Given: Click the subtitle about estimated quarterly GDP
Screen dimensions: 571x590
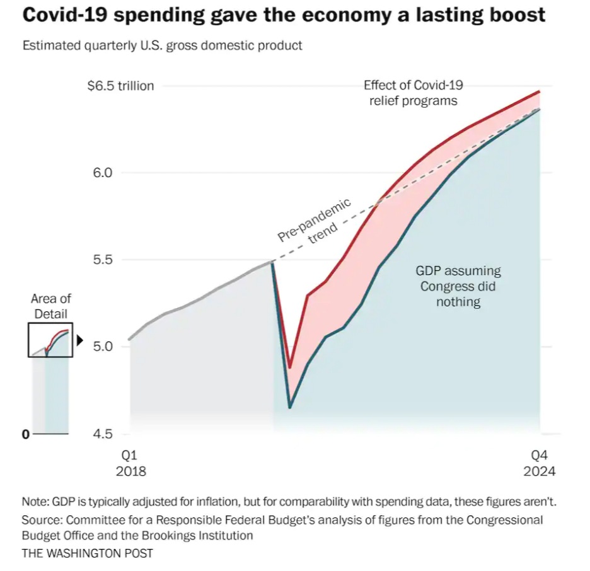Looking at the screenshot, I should pyautogui.click(x=162, y=46).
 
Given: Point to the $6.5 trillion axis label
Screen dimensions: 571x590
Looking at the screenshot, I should pyautogui.click(x=120, y=86).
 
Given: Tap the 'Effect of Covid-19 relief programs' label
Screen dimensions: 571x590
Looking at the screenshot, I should pyautogui.click(x=413, y=93).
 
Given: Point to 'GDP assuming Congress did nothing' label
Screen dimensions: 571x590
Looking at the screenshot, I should pyautogui.click(x=458, y=286).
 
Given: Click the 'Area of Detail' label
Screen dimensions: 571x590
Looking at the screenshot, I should pyautogui.click(x=51, y=306).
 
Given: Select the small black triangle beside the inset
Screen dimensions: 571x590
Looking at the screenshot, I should pyautogui.click(x=80, y=340).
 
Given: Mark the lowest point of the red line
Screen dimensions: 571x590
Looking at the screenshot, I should pyautogui.click(x=290, y=367).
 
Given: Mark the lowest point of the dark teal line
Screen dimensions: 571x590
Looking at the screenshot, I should pyautogui.click(x=290, y=408).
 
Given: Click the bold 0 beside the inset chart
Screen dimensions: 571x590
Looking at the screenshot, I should pyautogui.click(x=26, y=434).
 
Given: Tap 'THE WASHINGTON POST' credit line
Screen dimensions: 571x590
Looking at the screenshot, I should pyautogui.click(x=87, y=553).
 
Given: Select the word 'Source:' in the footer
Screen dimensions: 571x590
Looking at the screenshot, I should pyautogui.click(x=42, y=520).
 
